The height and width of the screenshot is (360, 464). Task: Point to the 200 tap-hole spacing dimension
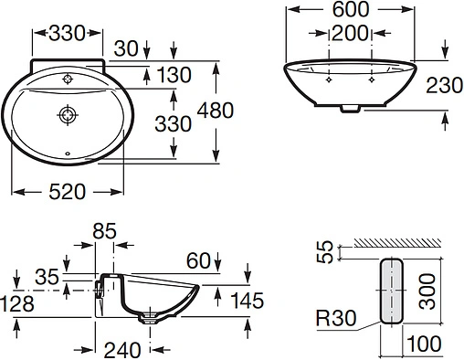(x=349, y=34)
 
